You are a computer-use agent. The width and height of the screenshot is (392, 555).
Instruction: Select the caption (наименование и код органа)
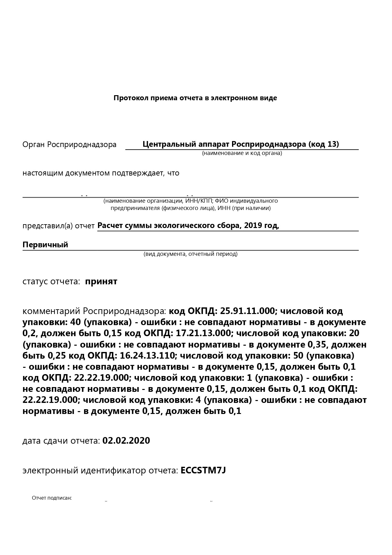coord(242,153)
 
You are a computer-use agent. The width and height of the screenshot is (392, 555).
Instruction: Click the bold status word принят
coord(101,281)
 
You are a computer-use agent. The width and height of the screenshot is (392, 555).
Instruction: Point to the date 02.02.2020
coord(126,441)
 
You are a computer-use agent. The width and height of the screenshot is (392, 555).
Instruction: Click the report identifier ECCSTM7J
coord(203,471)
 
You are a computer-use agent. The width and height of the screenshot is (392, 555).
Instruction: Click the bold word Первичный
coord(45,245)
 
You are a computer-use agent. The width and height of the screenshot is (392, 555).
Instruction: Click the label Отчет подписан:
coord(52,498)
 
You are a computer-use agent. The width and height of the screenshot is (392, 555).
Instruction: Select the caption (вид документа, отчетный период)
coord(190,254)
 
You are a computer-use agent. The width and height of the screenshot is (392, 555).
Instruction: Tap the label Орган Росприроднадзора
coord(69,145)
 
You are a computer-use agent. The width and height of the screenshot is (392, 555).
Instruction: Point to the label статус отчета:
coord(51,281)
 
